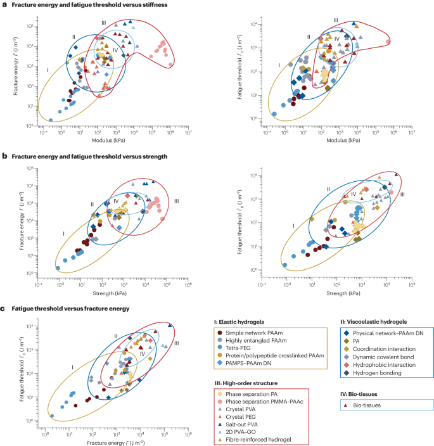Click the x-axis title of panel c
pos(113,440)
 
